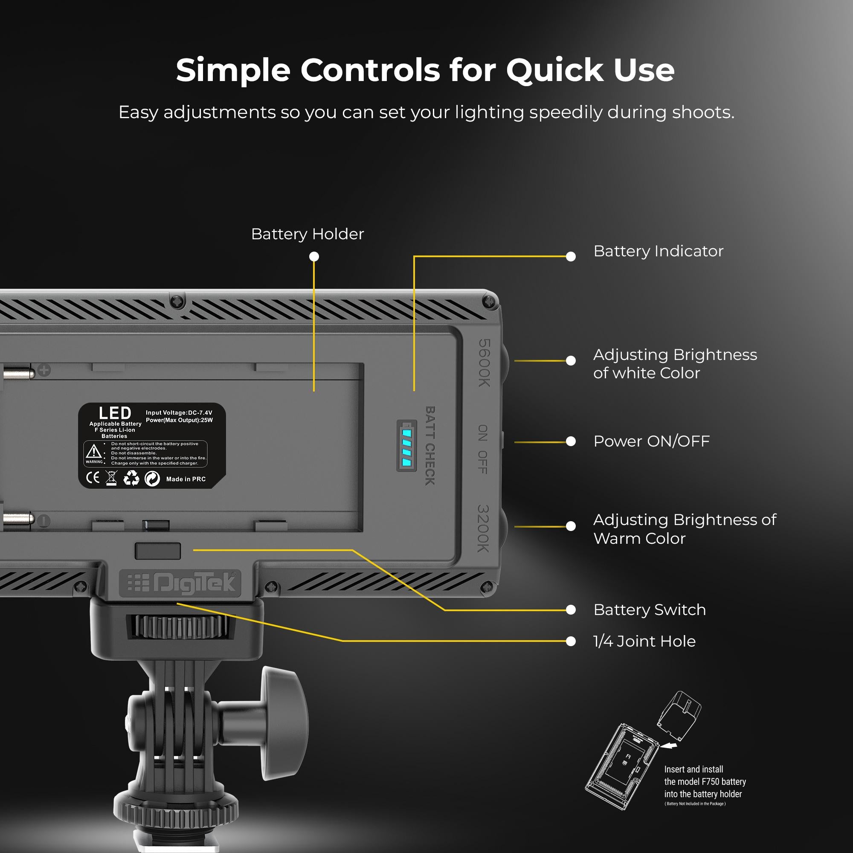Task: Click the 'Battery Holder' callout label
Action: (307, 234)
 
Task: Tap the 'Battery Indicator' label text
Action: (658, 251)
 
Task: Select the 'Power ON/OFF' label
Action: (651, 441)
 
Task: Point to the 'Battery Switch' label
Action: (649, 610)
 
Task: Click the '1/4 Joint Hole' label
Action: (644, 641)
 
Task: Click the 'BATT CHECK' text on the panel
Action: (430, 446)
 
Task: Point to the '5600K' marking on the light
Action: (485, 363)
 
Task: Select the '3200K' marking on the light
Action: (484, 528)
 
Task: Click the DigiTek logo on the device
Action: (180, 583)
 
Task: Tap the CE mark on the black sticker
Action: (93, 478)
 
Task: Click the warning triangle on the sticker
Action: (93, 451)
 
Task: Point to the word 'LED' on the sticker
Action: (115, 413)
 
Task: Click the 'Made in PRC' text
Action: (186, 479)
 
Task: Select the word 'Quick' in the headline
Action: (554, 70)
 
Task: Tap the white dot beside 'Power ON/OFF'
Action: (571, 441)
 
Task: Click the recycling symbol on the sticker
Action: (131, 478)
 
